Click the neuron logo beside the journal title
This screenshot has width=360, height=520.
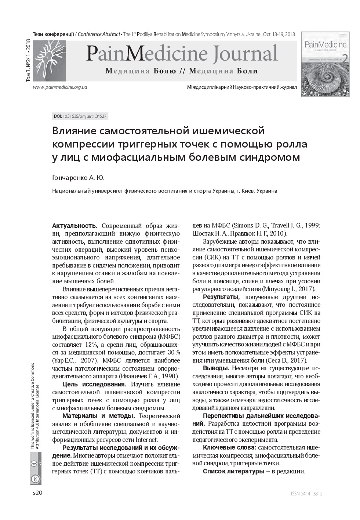[x=49, y=60]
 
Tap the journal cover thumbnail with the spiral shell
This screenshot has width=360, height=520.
[x=325, y=64]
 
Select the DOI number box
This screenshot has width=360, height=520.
[x=80, y=116]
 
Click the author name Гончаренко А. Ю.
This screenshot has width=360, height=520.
[x=78, y=178]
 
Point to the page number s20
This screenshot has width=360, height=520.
[x=38, y=493]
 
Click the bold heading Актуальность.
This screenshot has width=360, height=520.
[x=75, y=225]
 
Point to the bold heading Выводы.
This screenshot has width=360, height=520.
[x=216, y=368]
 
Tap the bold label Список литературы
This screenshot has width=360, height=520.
[x=233, y=471]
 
